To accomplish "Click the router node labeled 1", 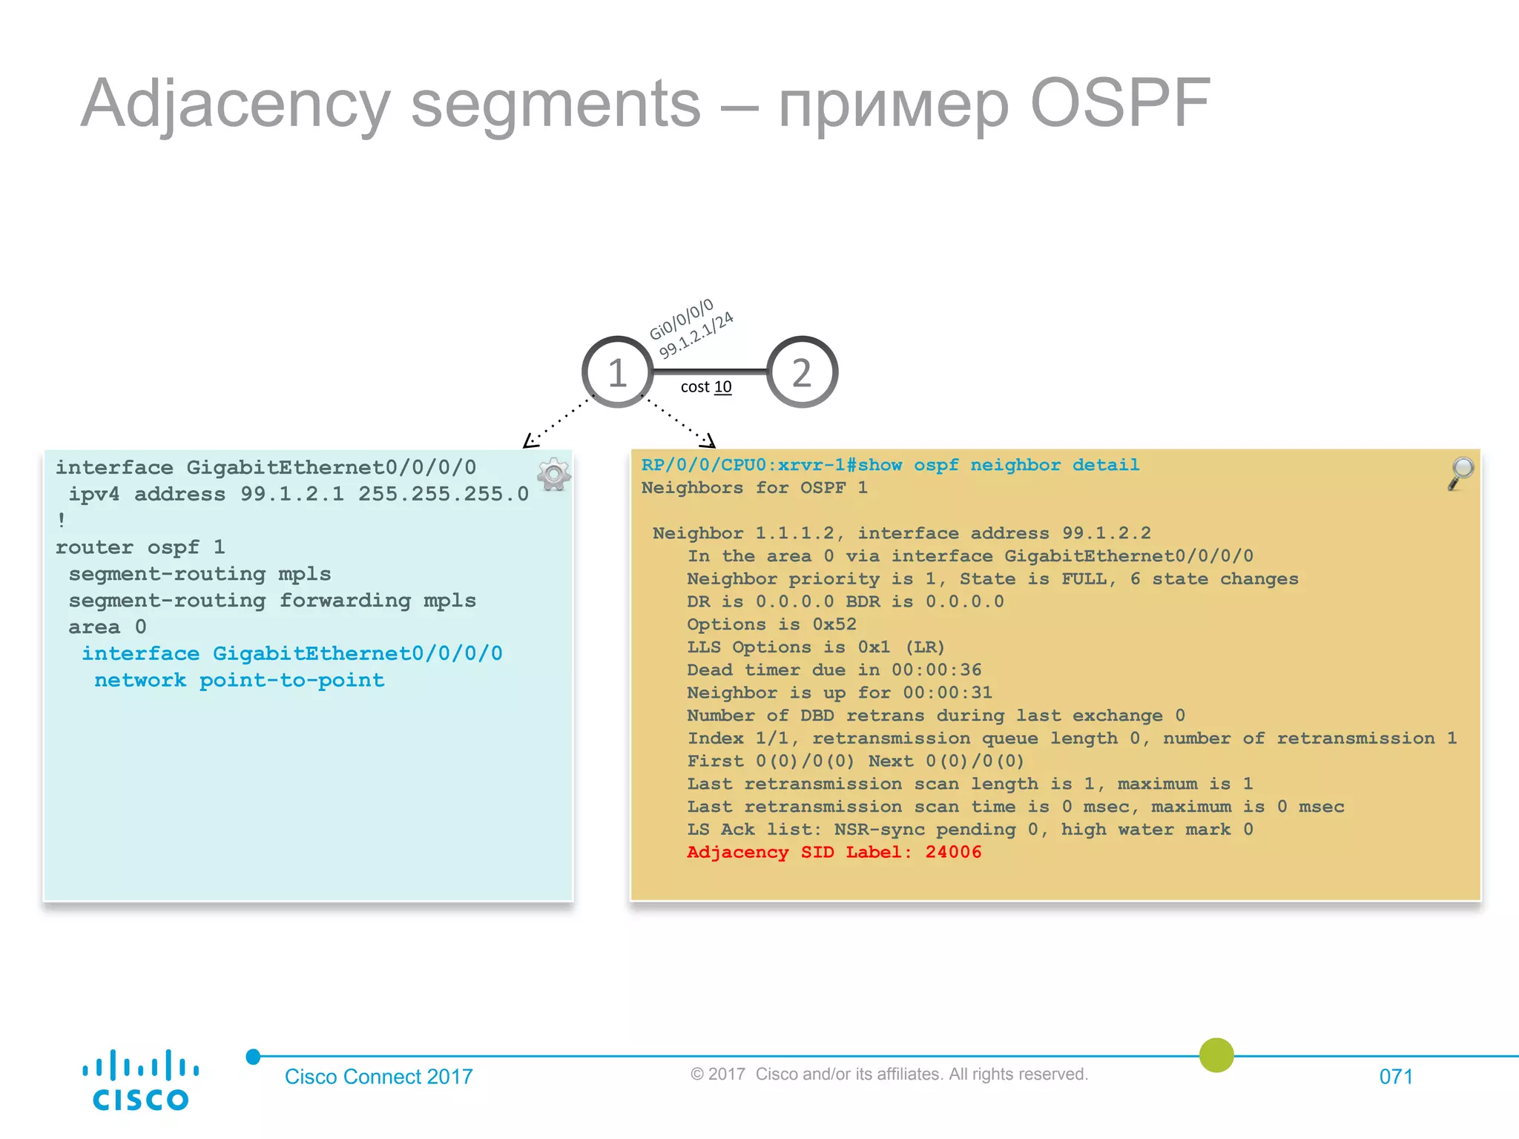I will [x=617, y=372].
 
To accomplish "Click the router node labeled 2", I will [x=802, y=372].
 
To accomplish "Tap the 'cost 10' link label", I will [x=705, y=387].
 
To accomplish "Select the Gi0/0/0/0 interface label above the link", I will [x=681, y=320].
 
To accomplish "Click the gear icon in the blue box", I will [x=553, y=475].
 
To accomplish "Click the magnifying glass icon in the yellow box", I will [x=1460, y=473].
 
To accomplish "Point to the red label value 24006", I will [x=953, y=852].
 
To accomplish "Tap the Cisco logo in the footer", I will [x=140, y=1080].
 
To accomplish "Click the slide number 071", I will [x=1395, y=1077].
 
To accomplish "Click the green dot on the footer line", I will [x=1216, y=1055].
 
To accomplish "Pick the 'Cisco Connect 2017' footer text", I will [x=378, y=1077].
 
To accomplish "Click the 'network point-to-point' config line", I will [x=239, y=681].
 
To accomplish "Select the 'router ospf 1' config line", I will [x=140, y=547].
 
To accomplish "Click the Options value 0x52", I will [x=834, y=624].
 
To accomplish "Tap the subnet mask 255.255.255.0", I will [x=443, y=494].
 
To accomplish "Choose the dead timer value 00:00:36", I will [x=936, y=670].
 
